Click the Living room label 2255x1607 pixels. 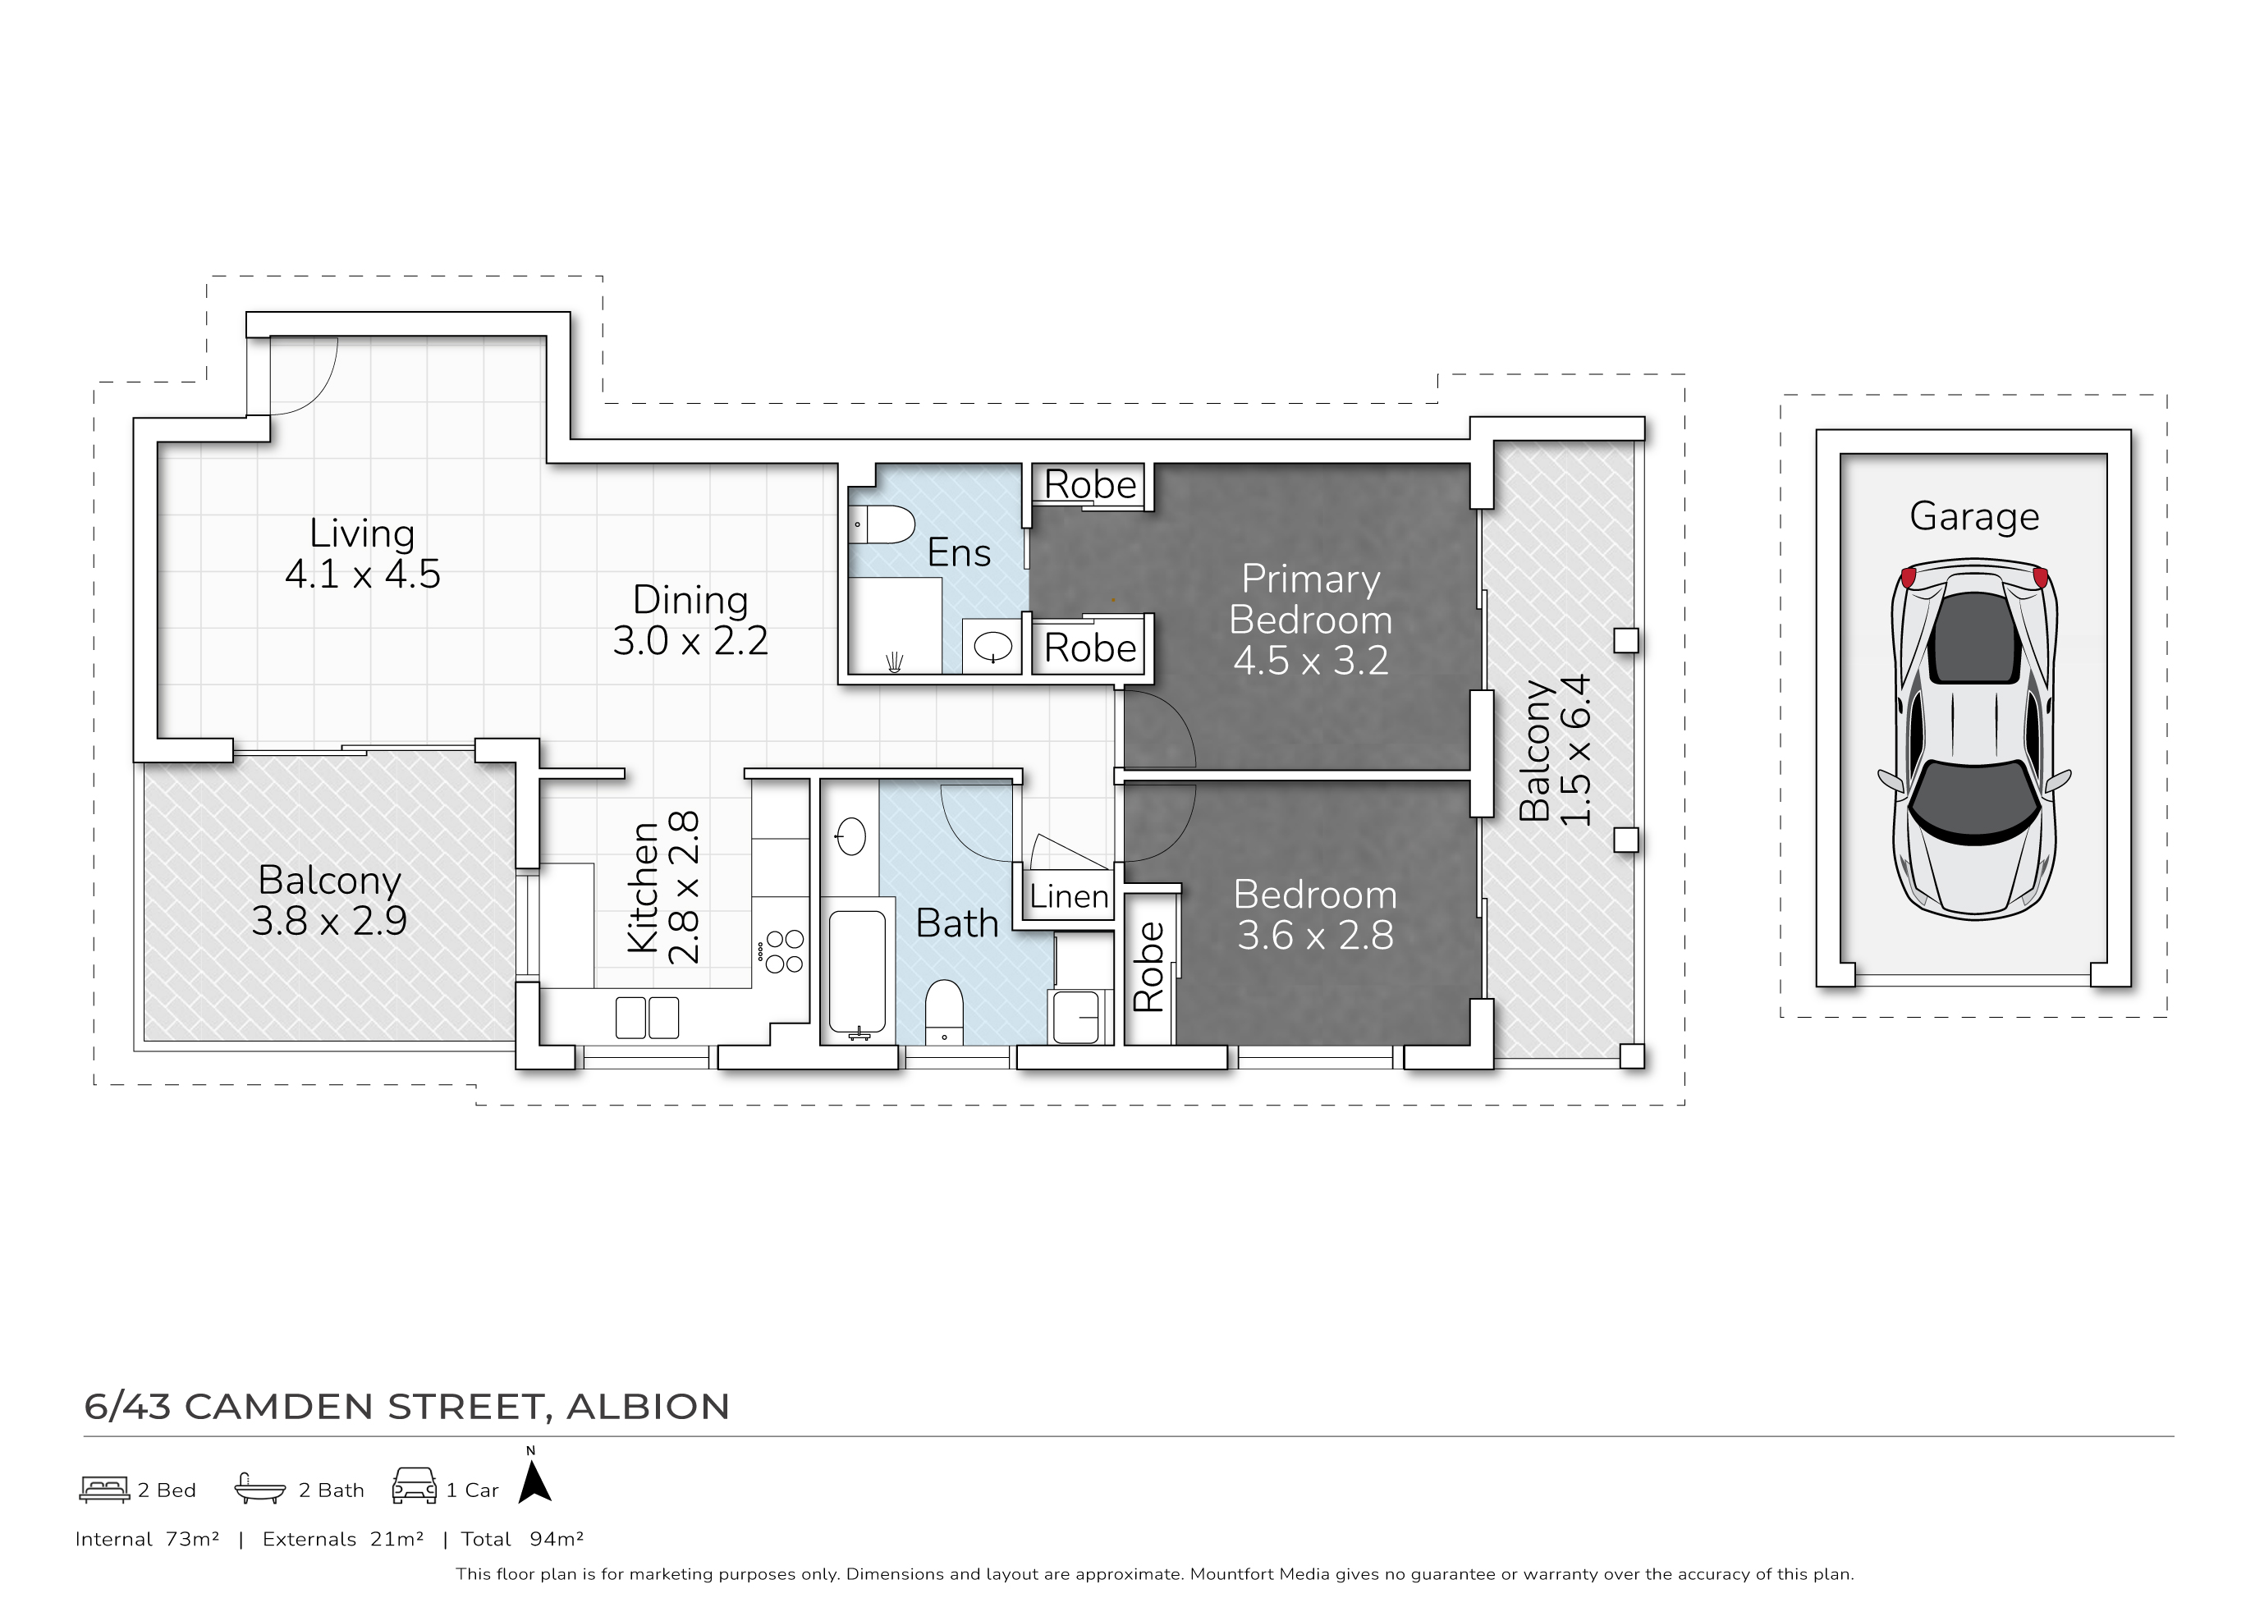point(362,553)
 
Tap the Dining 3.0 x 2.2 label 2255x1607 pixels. point(690,620)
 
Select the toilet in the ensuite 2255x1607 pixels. point(882,524)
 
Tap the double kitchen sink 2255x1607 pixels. point(647,1017)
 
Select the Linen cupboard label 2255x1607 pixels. point(1069,896)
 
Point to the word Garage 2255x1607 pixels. point(1974,516)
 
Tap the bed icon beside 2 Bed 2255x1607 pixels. point(104,1490)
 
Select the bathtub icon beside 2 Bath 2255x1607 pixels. point(259,1488)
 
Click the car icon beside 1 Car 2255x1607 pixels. point(415,1486)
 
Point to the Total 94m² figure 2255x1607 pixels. point(522,1539)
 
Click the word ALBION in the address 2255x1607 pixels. point(649,1406)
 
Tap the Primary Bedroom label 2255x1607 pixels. point(1310,620)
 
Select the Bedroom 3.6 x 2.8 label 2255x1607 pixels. point(1315,915)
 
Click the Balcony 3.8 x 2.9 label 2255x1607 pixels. point(328,900)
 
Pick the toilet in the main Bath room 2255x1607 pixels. point(944,1011)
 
